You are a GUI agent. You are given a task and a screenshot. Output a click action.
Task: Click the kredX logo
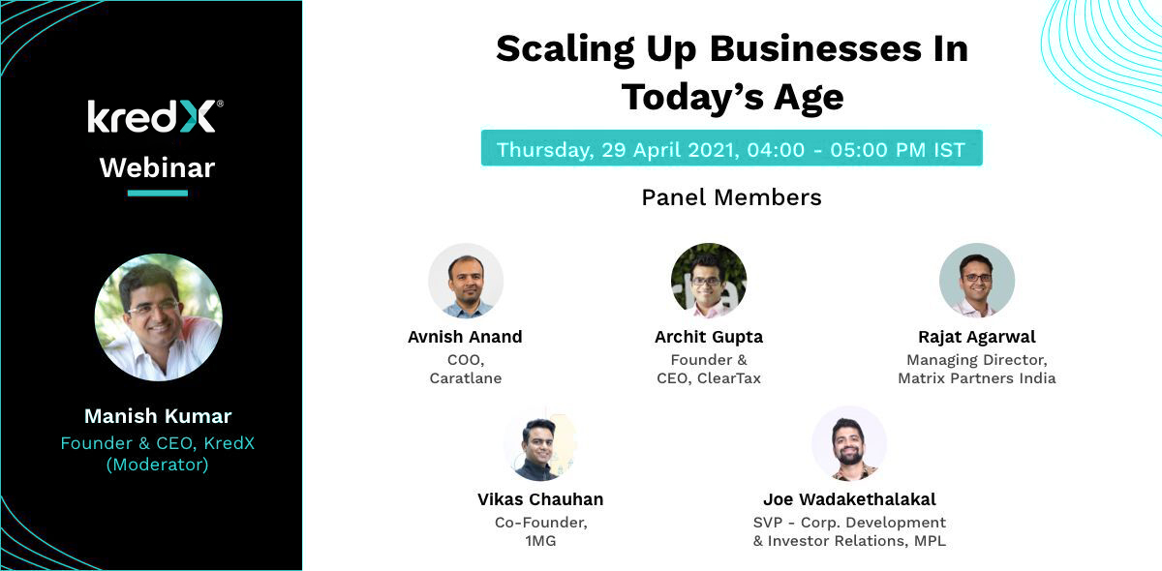[156, 116]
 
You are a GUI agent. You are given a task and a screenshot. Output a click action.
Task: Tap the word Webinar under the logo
[157, 167]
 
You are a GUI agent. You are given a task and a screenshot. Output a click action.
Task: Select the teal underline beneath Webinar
[158, 194]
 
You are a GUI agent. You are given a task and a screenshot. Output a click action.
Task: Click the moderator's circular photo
[158, 317]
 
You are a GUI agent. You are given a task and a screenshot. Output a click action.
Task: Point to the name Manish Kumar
[158, 416]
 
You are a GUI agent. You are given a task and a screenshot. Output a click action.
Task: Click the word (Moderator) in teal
[157, 465]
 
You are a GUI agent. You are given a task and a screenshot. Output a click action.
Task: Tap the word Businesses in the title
[815, 49]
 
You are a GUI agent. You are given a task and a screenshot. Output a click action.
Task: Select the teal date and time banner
[731, 148]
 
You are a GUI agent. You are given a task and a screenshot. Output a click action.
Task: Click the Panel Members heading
[731, 197]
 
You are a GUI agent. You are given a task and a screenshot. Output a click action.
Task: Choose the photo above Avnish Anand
[466, 281]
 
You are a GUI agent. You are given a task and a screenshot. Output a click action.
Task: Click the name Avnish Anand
[465, 337]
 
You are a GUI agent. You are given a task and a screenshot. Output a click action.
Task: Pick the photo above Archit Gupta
[709, 281]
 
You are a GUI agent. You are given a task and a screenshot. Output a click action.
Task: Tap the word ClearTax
[729, 378]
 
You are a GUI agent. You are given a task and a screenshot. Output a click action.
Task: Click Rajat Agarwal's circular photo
[977, 281]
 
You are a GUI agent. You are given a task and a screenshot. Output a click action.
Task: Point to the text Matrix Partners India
[977, 378]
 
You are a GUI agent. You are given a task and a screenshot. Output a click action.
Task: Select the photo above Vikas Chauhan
[540, 443]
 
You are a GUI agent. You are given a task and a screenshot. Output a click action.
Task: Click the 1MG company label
[540, 541]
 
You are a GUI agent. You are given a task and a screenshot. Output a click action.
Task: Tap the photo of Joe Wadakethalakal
[849, 443]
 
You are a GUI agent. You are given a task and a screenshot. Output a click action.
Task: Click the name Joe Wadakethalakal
[849, 499]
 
